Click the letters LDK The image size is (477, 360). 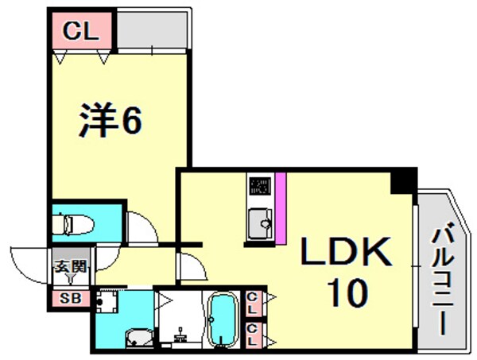[346, 254]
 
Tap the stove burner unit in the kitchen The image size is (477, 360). [260, 187]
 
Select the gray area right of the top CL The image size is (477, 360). [153, 30]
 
